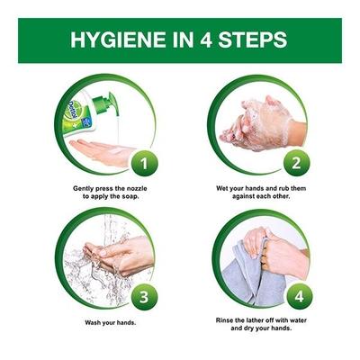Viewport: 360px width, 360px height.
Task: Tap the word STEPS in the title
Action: point(251,40)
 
